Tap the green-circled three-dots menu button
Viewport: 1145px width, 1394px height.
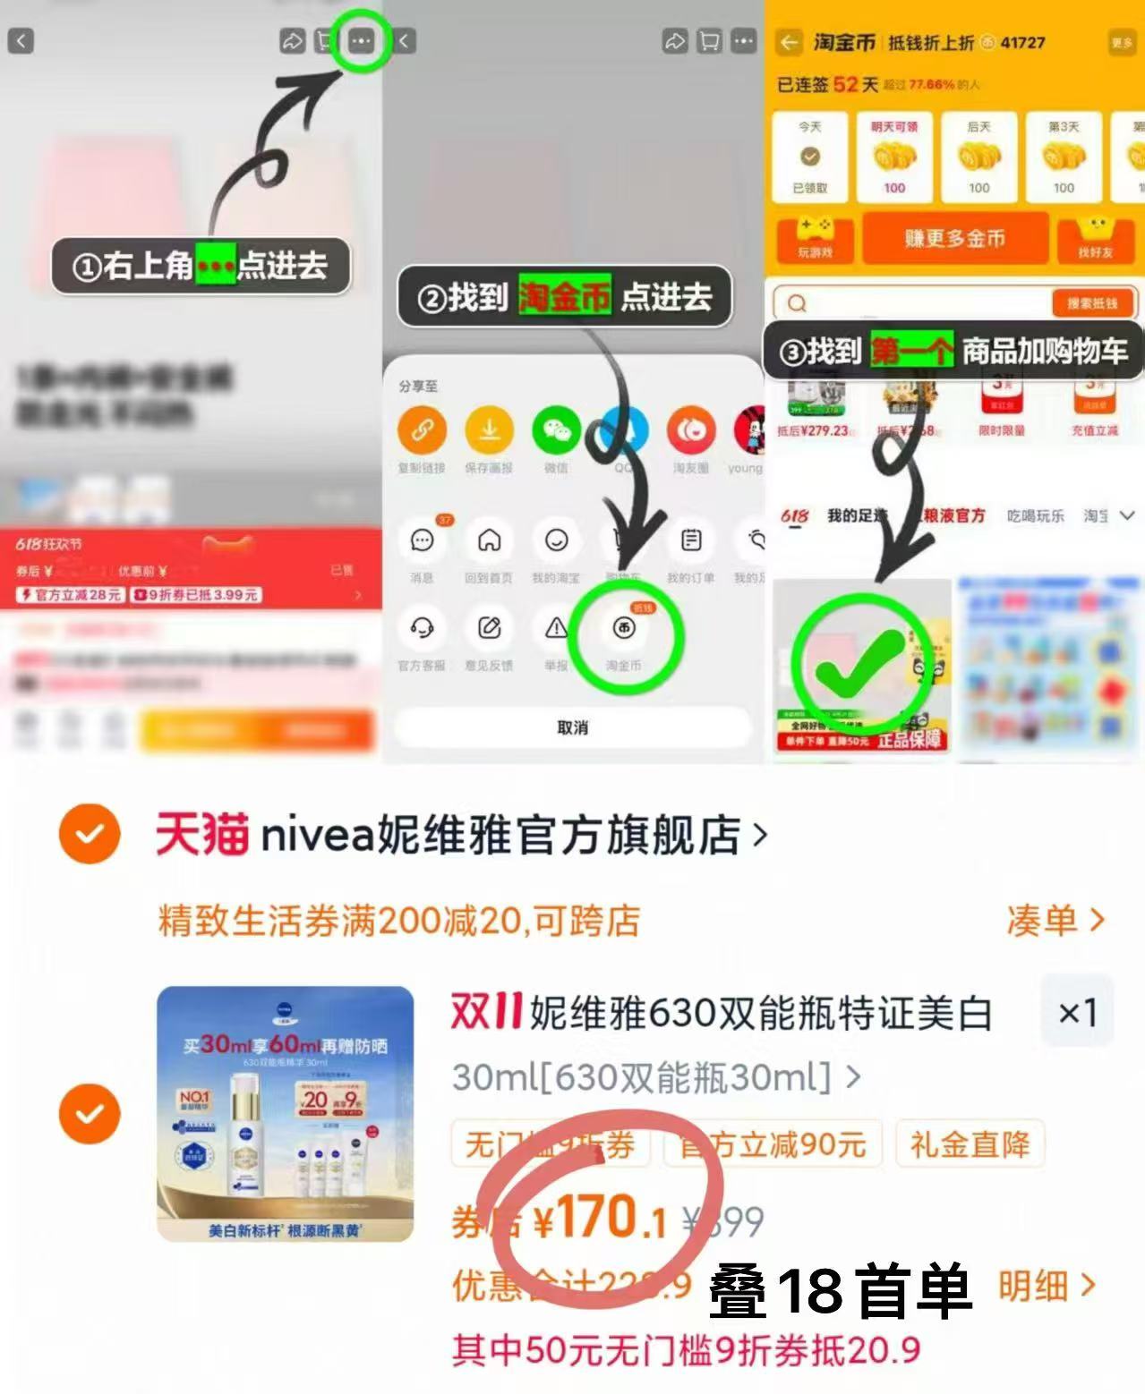[x=361, y=41]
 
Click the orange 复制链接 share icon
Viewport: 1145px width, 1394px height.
[x=422, y=430]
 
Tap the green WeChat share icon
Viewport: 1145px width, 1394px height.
[x=556, y=430]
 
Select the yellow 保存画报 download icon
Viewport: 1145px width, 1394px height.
[x=489, y=430]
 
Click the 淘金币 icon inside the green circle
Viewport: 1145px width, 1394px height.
[x=624, y=629]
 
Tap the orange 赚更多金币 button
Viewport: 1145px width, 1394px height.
[x=954, y=238]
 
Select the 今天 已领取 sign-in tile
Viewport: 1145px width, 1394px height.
[x=809, y=157]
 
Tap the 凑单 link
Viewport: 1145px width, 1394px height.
[x=1055, y=920]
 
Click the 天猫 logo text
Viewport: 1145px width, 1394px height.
[x=202, y=834]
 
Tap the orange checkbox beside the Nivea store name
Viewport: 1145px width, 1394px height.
[x=90, y=834]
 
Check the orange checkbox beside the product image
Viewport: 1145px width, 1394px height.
[x=90, y=1114]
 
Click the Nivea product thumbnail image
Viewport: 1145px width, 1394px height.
[x=286, y=1114]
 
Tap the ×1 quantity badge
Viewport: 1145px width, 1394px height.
[x=1077, y=1013]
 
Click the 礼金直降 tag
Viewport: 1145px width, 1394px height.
[x=970, y=1144]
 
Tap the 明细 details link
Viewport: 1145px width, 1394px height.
[x=1046, y=1286]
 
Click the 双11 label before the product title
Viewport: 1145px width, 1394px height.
[x=486, y=1013]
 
